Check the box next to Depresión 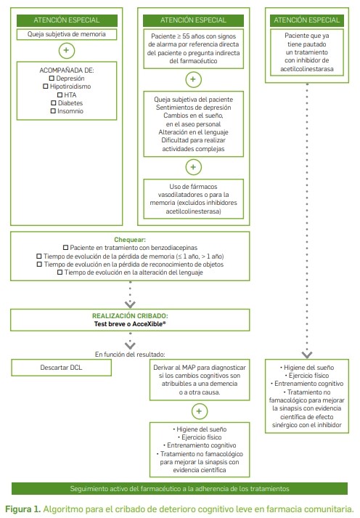52,78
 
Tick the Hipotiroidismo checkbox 46,86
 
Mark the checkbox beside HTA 60,95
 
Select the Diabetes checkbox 54,103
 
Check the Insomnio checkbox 53,111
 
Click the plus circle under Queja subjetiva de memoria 67,51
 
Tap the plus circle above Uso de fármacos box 193,167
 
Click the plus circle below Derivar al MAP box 200,411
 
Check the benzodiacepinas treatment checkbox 65,248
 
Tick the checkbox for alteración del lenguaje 60,272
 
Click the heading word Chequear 130,240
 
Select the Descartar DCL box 62,368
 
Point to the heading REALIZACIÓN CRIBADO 130,316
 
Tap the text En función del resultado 130,355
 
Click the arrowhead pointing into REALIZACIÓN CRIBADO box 130,304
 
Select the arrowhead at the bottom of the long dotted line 307,355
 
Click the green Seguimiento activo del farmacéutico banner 179,489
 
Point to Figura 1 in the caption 22,509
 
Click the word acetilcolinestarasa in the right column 307,69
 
